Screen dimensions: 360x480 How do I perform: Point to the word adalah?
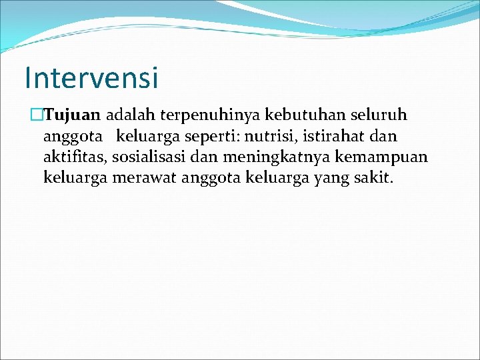click(129, 116)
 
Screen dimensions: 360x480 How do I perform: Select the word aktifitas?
click(75, 157)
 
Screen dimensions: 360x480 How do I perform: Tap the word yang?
click(327, 179)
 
